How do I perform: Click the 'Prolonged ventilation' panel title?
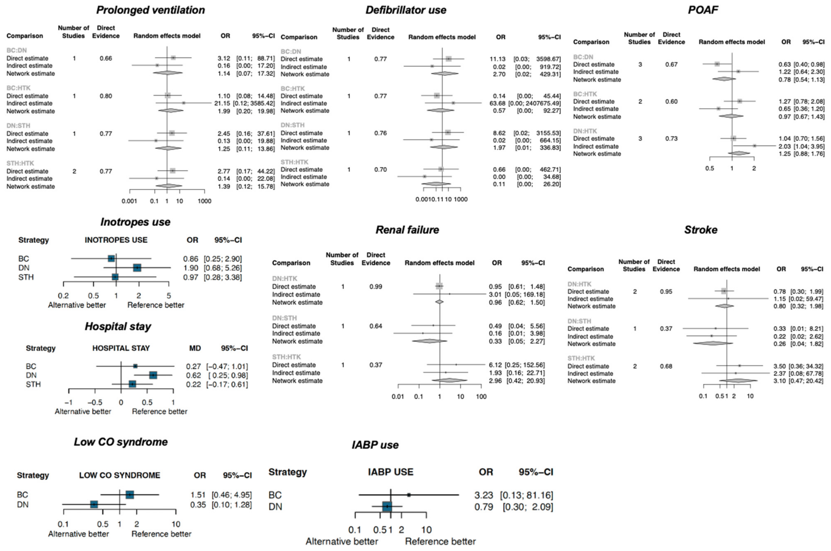(150, 10)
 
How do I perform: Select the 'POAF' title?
(703, 10)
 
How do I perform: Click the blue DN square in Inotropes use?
(137, 268)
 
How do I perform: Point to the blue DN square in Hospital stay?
(153, 375)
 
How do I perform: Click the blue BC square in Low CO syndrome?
(130, 494)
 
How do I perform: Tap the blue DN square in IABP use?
(387, 507)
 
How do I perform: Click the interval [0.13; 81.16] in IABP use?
(526, 495)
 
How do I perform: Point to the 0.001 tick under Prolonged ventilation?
(129, 201)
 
